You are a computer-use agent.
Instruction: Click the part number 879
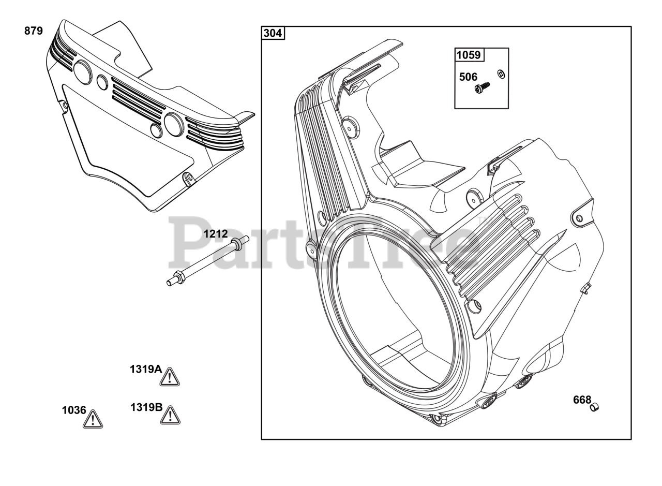34,31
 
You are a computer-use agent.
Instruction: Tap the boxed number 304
273,34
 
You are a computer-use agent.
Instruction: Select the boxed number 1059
469,55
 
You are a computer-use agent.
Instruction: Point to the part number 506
468,77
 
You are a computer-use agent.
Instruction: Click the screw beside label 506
482,88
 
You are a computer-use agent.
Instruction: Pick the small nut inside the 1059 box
501,74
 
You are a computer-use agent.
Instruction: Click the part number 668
582,400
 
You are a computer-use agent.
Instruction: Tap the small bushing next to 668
594,407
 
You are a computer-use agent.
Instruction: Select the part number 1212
216,234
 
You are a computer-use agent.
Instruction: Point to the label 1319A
145,370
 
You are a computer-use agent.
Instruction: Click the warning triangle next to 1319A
169,377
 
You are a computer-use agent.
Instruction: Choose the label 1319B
146,407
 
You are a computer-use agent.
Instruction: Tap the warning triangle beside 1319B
170,415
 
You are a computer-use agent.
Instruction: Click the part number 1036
74,410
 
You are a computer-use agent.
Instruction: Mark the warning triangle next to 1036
93,419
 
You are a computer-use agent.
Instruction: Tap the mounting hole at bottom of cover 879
189,178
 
